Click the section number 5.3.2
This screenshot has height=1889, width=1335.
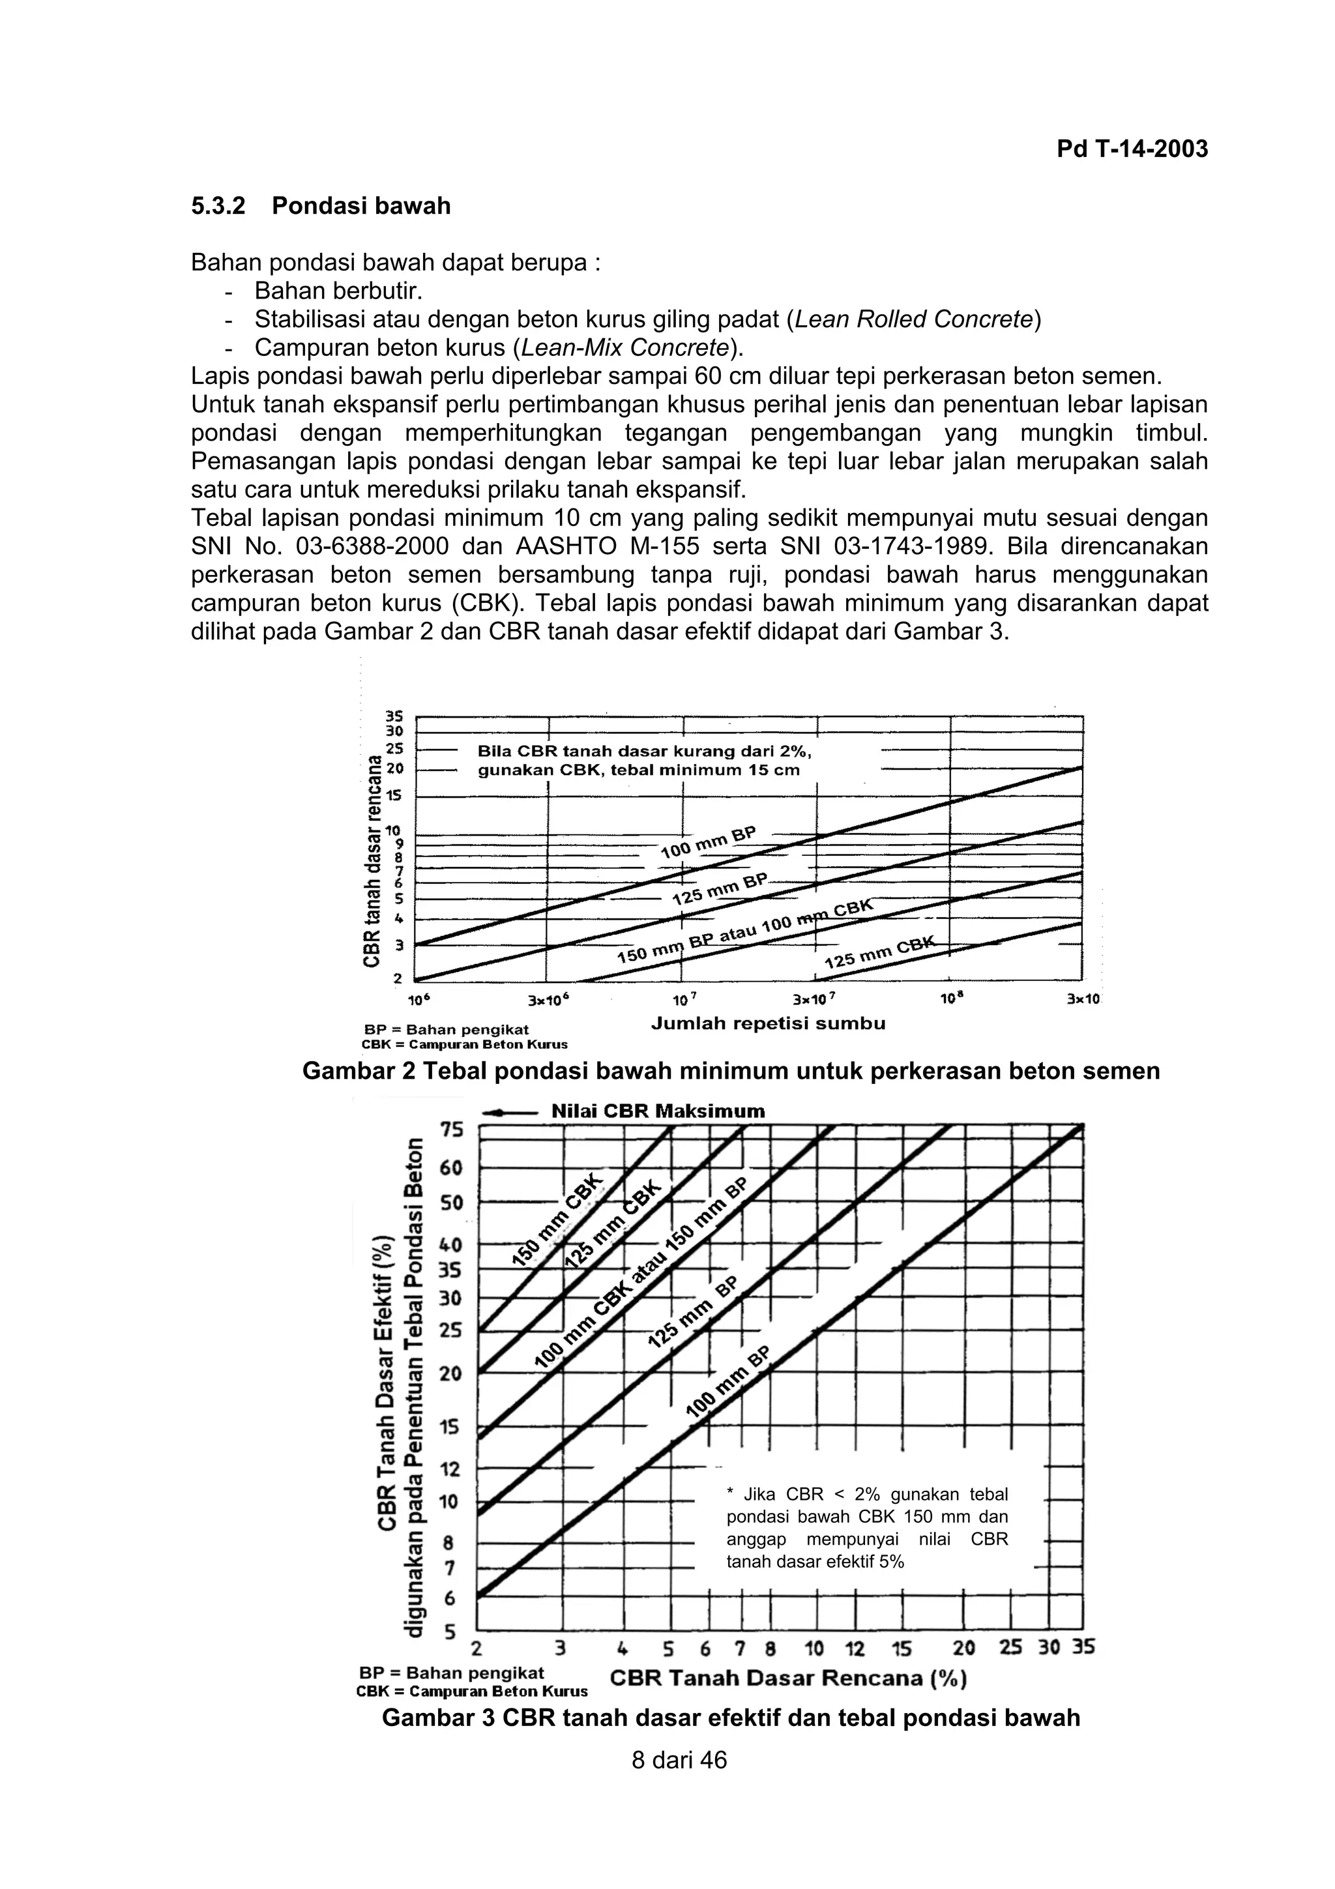[x=218, y=206]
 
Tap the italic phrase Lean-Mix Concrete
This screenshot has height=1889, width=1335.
[x=625, y=347]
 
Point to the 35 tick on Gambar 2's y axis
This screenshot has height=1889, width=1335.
[x=395, y=716]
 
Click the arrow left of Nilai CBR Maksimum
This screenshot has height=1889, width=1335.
[x=510, y=1111]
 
